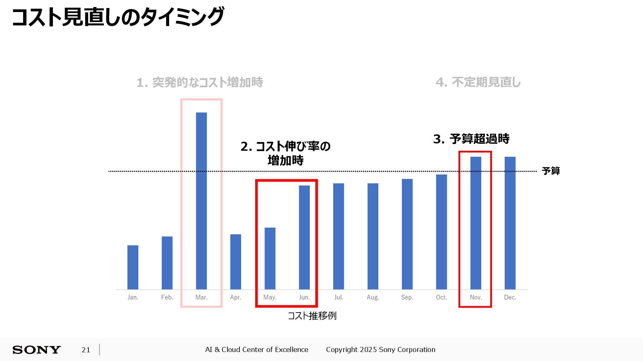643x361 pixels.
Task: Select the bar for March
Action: [201, 201]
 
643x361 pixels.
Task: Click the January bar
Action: [133, 267]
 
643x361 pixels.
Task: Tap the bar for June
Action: [304, 237]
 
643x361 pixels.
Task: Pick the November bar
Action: [476, 223]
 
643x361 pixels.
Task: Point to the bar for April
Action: [235, 262]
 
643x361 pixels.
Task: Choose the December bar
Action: [510, 223]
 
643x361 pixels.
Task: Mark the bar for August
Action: [373, 236]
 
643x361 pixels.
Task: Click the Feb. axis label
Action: [167, 297]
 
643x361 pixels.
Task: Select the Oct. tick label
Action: [441, 297]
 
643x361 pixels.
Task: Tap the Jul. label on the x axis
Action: [339, 297]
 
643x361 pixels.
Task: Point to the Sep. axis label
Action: [407, 297]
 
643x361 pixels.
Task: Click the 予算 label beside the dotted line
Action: [551, 171]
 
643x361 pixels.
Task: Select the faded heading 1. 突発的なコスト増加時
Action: [200, 82]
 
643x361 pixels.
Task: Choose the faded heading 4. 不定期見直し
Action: [478, 82]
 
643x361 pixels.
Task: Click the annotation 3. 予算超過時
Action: [471, 139]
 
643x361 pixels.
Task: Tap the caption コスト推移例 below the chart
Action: [312, 316]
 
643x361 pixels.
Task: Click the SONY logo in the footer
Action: [37, 350]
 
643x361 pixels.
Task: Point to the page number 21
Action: [86, 350]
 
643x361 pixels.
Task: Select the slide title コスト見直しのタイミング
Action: [118, 17]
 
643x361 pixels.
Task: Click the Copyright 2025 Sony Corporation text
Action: [381, 350]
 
